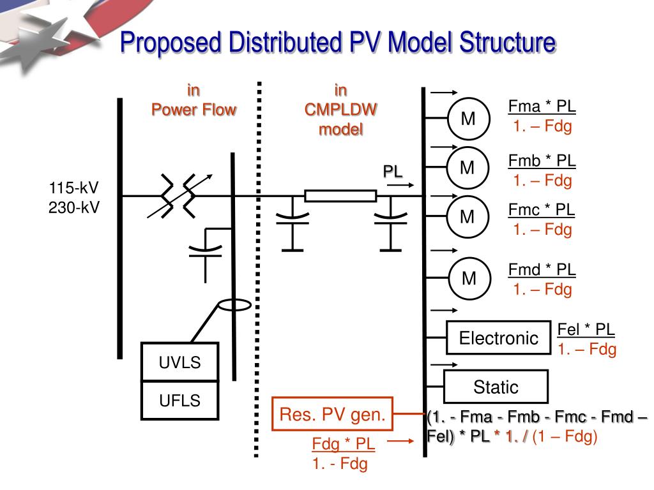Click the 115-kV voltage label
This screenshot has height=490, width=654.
click(x=74, y=188)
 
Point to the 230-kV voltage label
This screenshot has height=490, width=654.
click(x=74, y=207)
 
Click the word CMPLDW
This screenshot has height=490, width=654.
click(x=341, y=110)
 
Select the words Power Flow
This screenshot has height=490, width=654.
click(x=194, y=110)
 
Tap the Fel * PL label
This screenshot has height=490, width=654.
click(x=586, y=329)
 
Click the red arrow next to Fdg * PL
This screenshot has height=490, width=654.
click(x=400, y=441)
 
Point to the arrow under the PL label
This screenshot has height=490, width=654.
click(x=400, y=185)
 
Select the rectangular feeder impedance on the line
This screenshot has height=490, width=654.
click(x=340, y=196)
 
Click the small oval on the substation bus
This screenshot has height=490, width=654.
click(x=235, y=306)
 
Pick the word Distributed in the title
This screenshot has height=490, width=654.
click(x=285, y=43)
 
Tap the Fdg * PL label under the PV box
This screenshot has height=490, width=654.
click(x=343, y=444)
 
